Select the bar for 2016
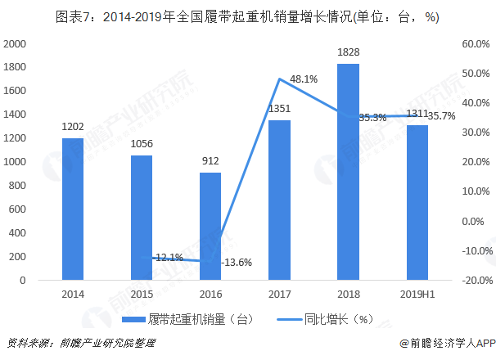210,227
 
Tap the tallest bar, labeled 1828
348,173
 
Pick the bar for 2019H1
417,203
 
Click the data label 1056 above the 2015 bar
141,145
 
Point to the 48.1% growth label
304,79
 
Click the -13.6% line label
237,262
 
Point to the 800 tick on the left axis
19,186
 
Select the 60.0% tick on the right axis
475,43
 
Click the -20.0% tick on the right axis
475,280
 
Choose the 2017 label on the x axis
279,293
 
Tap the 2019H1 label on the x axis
417,293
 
